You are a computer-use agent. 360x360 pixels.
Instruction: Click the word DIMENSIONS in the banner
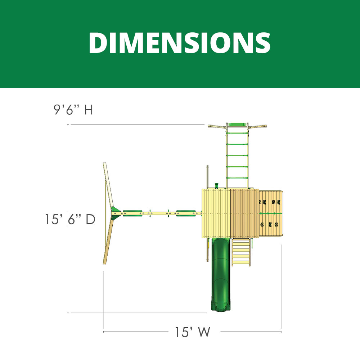pyautogui.click(x=180, y=43)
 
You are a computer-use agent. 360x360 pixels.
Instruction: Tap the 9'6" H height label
pyautogui.click(x=73, y=109)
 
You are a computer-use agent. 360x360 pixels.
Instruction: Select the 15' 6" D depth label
pyautogui.click(x=70, y=219)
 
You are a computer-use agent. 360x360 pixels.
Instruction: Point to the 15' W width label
pyautogui.click(x=192, y=332)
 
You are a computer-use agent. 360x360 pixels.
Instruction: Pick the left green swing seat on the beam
pyautogui.click(x=132, y=213)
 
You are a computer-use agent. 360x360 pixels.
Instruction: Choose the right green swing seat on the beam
pyautogui.click(x=186, y=213)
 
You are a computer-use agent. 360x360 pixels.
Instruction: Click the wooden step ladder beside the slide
pyautogui.click(x=241, y=252)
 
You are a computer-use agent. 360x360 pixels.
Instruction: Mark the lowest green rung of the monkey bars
pyautogui.click(x=237, y=178)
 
